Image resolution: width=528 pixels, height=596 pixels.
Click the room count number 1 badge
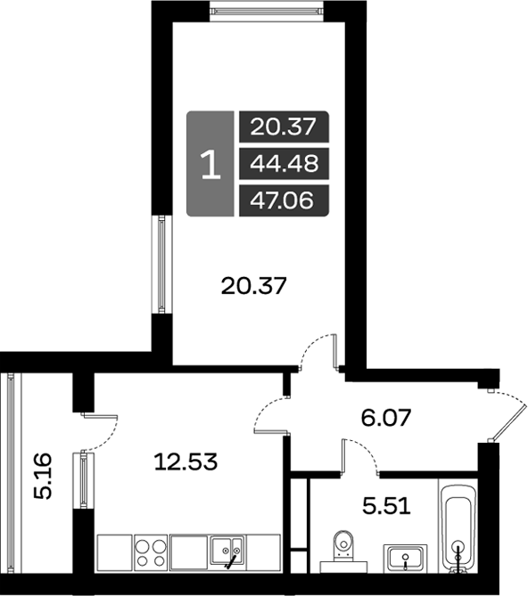point(210,164)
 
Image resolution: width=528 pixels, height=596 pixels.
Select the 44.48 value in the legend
point(284,163)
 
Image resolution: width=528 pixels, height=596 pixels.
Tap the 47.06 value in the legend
point(284,200)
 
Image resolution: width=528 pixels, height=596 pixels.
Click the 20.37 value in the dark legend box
point(284,127)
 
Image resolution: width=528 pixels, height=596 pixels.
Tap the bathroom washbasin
point(405,557)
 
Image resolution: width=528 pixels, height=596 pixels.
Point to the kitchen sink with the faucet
point(228,552)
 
